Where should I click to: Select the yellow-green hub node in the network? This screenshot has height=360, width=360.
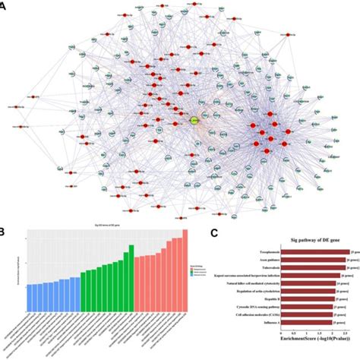click(x=195, y=121)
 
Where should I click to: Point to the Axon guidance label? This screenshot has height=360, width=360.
click(x=261, y=260)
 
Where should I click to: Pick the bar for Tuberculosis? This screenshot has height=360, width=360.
click(x=311, y=268)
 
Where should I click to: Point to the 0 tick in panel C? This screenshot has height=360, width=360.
click(x=280, y=335)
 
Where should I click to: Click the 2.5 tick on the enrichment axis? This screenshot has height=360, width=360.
click(x=347, y=335)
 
